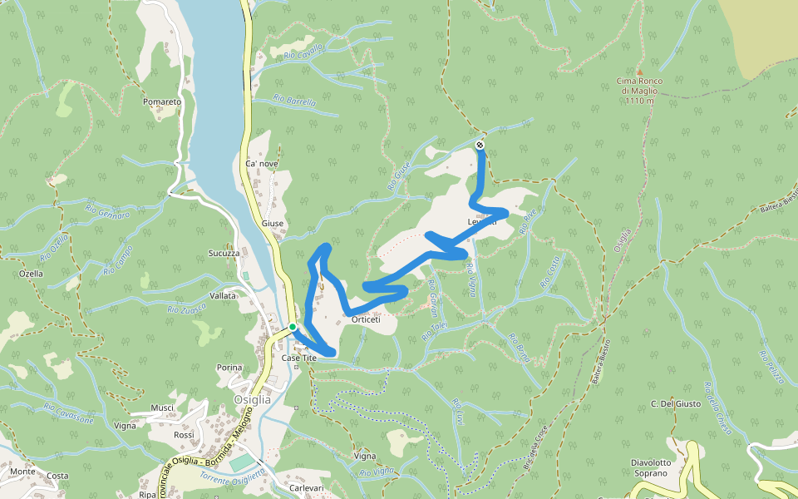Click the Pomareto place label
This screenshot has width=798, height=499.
[162, 102]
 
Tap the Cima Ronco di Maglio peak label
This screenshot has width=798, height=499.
[637, 91]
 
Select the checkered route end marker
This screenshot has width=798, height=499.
[480, 146]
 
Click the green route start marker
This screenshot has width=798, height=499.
[293, 327]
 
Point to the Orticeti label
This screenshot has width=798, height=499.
[366, 319]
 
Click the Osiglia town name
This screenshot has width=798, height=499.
[253, 399]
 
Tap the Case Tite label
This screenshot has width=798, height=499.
[299, 358]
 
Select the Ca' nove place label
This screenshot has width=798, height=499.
[262, 164]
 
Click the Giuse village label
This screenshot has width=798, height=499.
[273, 224]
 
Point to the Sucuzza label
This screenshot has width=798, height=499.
[224, 253]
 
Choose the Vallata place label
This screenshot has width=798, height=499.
[223, 295]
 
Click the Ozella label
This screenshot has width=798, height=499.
[30, 274]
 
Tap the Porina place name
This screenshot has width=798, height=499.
[229, 368]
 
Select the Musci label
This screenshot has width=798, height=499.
[162, 408]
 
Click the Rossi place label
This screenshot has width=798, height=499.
[184, 435]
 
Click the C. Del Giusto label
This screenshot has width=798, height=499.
[672, 404]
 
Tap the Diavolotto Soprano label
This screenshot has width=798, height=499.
[649, 468]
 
